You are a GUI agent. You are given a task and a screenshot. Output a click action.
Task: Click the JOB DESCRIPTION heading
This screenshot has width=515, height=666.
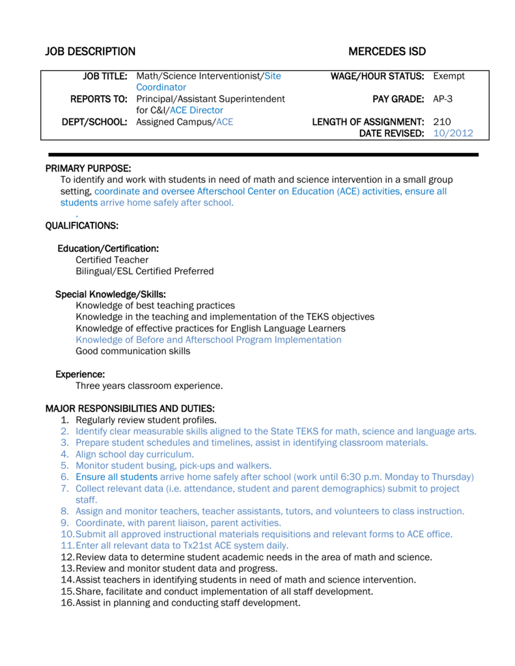(x=90, y=52)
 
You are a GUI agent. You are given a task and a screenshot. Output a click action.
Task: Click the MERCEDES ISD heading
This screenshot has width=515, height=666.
(x=387, y=52)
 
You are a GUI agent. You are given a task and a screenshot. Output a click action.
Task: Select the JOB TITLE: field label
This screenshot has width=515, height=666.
(x=105, y=76)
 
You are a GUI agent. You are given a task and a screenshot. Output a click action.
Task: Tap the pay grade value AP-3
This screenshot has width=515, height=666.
(x=443, y=99)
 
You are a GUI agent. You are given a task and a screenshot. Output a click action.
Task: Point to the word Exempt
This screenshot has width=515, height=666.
(x=449, y=76)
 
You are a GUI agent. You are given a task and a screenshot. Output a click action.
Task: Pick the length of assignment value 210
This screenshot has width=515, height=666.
(x=442, y=122)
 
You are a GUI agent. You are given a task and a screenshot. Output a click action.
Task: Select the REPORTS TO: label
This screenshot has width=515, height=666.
(x=99, y=99)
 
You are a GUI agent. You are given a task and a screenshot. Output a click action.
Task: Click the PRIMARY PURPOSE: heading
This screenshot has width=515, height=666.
(x=88, y=168)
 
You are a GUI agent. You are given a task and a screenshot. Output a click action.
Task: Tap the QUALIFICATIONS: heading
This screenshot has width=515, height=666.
(x=81, y=226)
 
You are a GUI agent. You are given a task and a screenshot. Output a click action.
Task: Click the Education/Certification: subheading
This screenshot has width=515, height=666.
(x=108, y=248)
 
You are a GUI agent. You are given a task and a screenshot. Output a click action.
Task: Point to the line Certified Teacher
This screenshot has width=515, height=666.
(x=112, y=260)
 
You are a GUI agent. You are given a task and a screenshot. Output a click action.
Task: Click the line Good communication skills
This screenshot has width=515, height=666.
(x=133, y=351)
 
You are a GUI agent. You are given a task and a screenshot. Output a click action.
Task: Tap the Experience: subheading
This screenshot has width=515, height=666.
(x=80, y=374)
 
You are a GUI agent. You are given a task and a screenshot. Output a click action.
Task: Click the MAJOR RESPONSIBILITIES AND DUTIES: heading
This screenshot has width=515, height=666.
(x=130, y=408)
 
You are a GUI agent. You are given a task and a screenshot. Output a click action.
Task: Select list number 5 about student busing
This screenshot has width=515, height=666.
(x=64, y=466)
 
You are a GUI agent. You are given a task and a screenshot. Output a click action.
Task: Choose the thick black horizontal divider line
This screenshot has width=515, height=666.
(x=264, y=155)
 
